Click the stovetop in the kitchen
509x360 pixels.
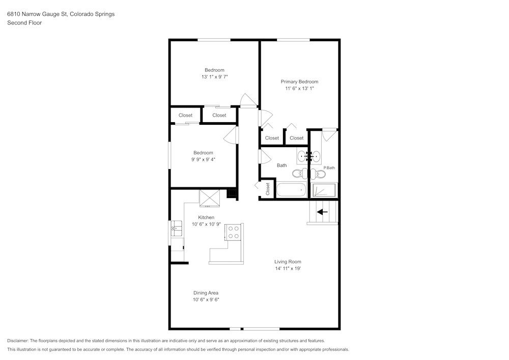point(234,232)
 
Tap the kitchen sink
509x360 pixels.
point(177,228)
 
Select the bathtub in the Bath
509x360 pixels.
point(291,190)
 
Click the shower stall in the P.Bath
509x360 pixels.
point(324,190)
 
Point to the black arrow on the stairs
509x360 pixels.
point(322,212)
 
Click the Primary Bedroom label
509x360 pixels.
point(299,82)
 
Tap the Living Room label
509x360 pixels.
point(288,262)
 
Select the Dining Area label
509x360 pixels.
point(206,293)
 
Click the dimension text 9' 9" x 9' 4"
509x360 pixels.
point(203,159)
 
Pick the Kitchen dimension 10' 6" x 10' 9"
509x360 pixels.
point(206,224)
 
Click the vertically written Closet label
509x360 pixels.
point(268,189)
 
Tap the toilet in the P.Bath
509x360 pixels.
point(319,174)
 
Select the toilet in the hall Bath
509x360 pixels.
point(300,174)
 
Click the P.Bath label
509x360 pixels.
point(329,168)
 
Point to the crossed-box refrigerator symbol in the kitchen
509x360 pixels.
point(209,198)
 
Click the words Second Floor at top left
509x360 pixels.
point(24,23)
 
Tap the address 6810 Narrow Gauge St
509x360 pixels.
point(37,14)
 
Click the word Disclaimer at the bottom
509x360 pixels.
point(17,341)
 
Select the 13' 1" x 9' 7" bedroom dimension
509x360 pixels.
point(215,77)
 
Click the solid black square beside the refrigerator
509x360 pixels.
point(233,193)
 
